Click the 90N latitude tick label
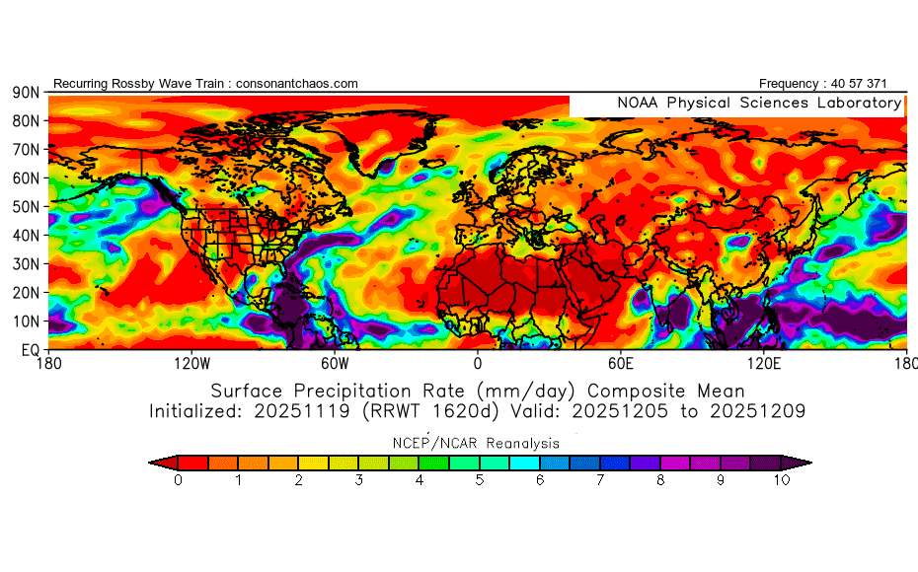click(x=26, y=93)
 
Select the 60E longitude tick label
click(x=622, y=363)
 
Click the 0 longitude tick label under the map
click(x=478, y=363)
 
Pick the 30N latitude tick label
click(x=26, y=263)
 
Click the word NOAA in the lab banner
click(x=639, y=103)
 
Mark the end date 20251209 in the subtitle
click(x=761, y=410)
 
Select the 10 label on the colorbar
click(x=782, y=480)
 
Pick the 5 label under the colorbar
click(x=480, y=480)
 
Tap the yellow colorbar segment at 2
click(x=299, y=462)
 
